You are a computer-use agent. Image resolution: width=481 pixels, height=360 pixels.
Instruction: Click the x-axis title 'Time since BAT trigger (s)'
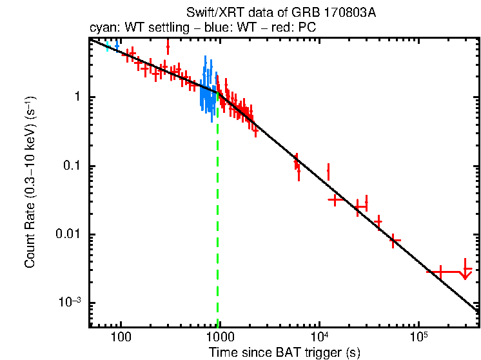click(x=284, y=352)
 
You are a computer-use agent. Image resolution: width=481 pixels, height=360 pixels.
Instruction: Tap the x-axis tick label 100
click(x=121, y=337)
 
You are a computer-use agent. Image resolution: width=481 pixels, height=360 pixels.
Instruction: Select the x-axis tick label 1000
click(x=220, y=337)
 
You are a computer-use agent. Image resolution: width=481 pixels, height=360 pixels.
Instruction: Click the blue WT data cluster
click(x=207, y=90)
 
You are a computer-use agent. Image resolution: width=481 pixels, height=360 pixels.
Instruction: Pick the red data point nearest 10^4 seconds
click(x=329, y=172)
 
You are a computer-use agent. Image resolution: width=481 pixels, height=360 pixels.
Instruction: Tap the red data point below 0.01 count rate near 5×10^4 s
click(x=395, y=241)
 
